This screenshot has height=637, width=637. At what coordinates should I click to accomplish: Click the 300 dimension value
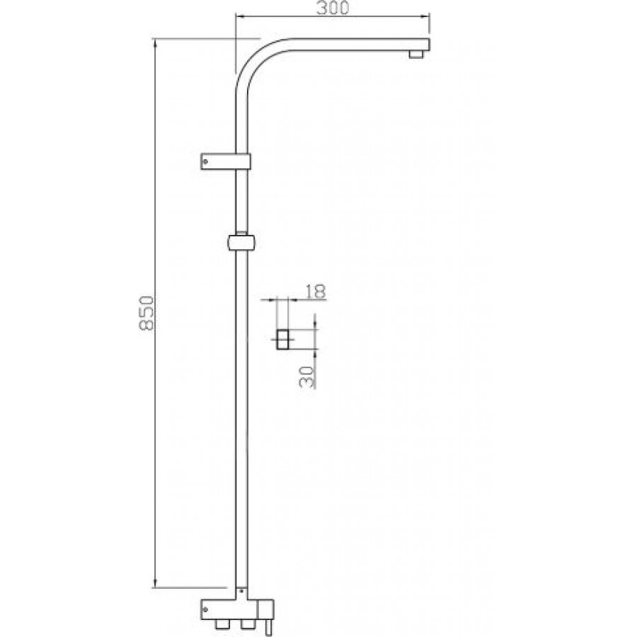[333, 8]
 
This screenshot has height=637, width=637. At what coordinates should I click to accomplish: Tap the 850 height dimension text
[147, 314]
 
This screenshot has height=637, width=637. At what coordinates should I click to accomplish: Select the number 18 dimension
[315, 292]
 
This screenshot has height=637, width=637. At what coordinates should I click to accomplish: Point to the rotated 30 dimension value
[307, 377]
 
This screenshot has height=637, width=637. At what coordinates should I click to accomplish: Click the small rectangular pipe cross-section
[282, 339]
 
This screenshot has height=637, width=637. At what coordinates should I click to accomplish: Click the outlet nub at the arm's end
[416, 54]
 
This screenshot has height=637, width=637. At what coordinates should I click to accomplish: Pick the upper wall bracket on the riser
[226, 161]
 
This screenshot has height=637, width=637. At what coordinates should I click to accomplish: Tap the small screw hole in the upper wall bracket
[205, 161]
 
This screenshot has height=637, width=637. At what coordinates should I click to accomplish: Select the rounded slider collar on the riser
[241, 243]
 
